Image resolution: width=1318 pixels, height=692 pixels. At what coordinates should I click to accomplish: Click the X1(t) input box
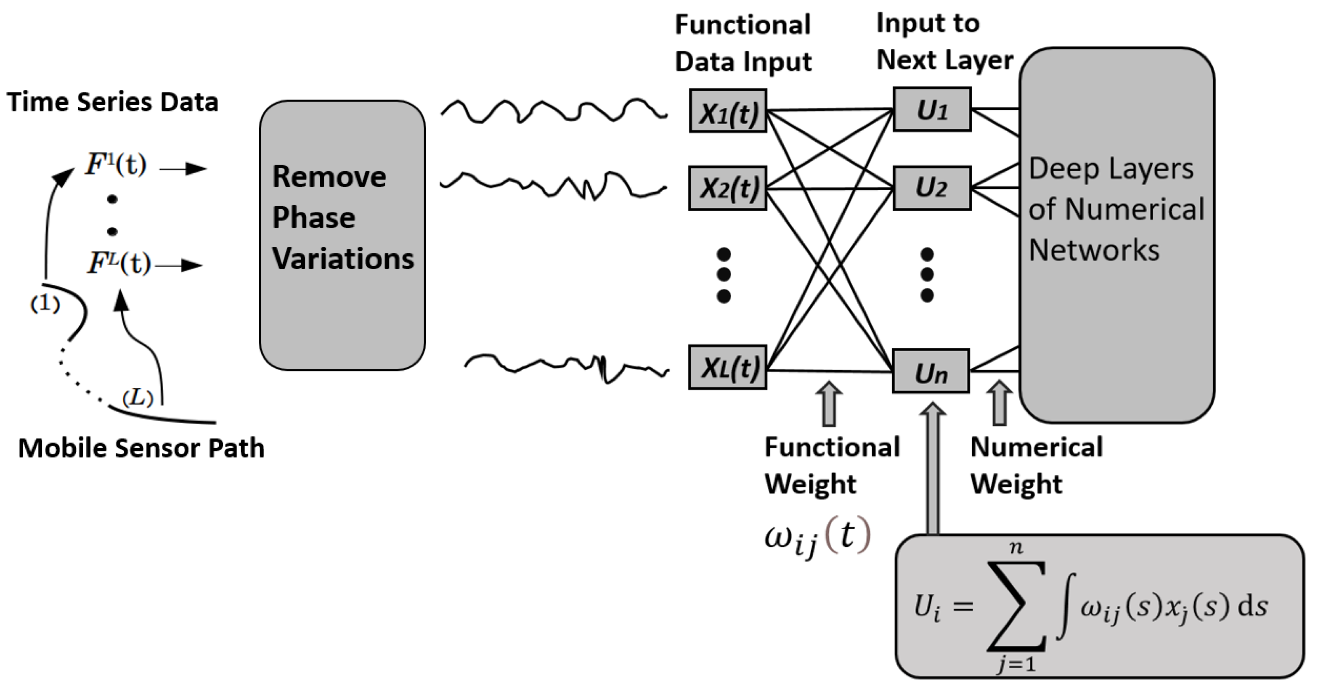[x=727, y=111]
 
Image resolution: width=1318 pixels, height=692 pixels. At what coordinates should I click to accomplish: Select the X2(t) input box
[x=727, y=188]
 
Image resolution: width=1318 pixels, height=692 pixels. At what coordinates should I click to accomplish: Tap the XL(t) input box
[x=727, y=368]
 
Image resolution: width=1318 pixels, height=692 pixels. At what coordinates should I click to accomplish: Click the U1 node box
[x=932, y=110]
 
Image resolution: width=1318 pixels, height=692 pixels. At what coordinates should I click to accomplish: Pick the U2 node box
[x=932, y=188]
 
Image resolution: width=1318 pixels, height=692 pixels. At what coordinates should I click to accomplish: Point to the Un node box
[x=931, y=372]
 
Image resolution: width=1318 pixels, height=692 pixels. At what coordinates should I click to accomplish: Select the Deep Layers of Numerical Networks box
[x=1116, y=235]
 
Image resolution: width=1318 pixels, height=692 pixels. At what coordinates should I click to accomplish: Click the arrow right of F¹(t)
[x=183, y=168]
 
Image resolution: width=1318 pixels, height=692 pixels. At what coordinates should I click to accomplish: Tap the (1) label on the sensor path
[x=45, y=304]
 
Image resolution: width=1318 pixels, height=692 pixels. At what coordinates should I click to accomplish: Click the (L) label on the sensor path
[x=138, y=397]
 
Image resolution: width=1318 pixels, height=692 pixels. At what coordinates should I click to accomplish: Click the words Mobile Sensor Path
[x=141, y=448]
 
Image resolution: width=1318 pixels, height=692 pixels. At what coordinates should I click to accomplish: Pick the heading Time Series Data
[x=113, y=102]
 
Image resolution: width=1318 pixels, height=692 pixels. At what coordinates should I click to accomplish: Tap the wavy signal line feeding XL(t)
[x=565, y=366]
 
